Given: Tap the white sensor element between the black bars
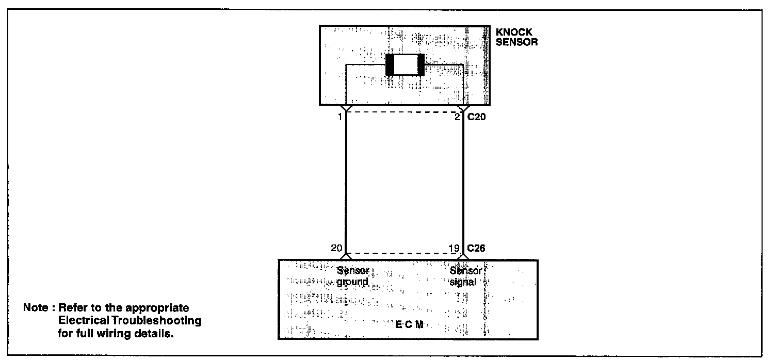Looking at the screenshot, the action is click(405, 64).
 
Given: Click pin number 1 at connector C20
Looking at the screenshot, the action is click(340, 118).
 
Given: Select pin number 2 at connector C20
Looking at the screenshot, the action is click(457, 118).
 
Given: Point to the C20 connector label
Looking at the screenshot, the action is click(477, 118).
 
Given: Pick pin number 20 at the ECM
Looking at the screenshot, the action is click(336, 249).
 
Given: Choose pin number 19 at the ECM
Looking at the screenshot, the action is click(454, 249).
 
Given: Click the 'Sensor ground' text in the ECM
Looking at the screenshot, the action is click(353, 276).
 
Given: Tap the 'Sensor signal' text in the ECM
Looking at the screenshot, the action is click(465, 276).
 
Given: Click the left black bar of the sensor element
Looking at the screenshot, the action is click(390, 64).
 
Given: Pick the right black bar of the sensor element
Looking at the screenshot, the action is click(421, 64).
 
